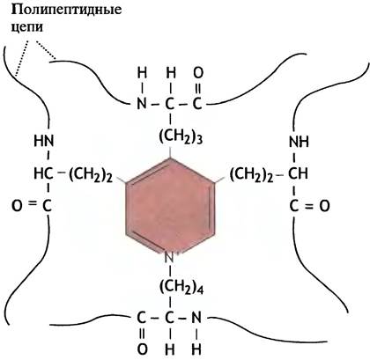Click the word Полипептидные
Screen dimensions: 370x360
click(66, 10)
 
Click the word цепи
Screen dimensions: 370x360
click(27, 27)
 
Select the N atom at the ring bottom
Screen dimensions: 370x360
click(169, 258)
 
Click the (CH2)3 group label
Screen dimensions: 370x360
click(181, 136)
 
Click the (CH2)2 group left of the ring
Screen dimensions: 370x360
click(91, 175)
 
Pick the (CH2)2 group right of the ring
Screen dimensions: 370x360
click(251, 175)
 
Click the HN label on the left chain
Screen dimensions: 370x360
click(44, 141)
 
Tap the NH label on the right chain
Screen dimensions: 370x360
click(299, 142)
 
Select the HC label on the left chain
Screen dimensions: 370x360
click(43, 174)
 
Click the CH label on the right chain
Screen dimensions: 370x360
click(298, 174)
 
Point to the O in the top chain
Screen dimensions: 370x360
click(198, 73)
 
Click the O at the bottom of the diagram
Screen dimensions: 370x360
click(142, 349)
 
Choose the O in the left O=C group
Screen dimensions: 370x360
click(17, 206)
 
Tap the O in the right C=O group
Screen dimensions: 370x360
click(324, 206)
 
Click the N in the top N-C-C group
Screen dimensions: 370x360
click(142, 104)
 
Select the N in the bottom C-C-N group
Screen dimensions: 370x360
click(196, 318)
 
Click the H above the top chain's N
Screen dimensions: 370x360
click(142, 73)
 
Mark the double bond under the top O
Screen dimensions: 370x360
click(198, 88)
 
